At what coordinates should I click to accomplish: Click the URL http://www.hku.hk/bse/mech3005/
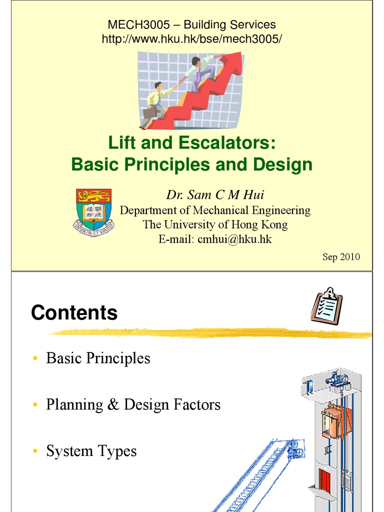point(192,38)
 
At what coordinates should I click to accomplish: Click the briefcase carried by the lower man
point(150,112)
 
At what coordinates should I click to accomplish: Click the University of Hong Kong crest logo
point(94,212)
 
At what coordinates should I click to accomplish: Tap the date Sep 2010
point(341,257)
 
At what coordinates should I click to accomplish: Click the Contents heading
point(74,313)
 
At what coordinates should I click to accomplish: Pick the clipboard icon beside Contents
point(326,305)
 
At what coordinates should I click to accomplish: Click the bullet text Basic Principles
point(98,358)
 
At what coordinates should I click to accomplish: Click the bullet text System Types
point(91,451)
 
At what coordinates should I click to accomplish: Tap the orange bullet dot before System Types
point(35,452)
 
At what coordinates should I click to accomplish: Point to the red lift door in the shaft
point(324,480)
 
